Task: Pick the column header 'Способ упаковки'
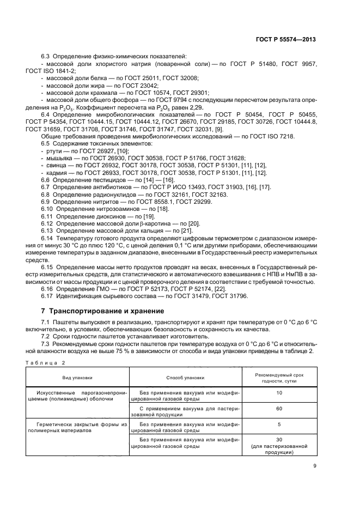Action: pyautogui.click(x=185, y=377)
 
